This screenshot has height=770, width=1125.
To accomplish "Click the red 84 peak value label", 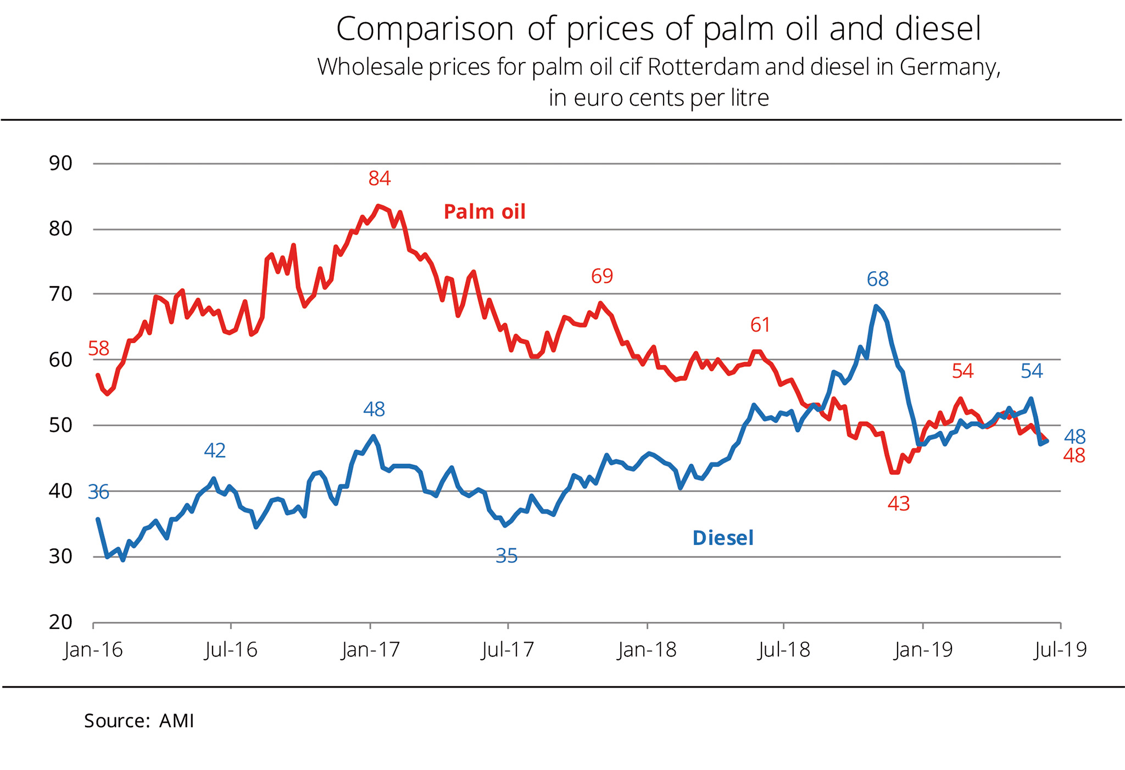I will point(380,178).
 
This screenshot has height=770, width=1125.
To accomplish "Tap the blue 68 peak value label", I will point(877,280).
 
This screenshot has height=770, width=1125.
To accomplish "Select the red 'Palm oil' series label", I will point(484,212).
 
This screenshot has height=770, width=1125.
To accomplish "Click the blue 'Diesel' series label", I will point(723,538).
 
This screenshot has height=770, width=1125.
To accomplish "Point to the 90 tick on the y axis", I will point(60,163).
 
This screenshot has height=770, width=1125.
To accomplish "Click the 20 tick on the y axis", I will point(60,622).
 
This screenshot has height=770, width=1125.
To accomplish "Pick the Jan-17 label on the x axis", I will point(371,650).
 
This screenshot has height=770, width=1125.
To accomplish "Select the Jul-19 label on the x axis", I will point(1060,650).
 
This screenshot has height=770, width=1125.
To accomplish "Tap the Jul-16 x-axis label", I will point(231,650).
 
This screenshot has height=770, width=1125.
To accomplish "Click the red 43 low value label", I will point(899,504).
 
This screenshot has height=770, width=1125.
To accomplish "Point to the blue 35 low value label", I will point(506,556).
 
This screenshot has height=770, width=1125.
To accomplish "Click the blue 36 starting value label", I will point(99,493).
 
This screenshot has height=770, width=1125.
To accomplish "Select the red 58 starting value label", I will point(99,349).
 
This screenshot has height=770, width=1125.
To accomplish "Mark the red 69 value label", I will point(602,276).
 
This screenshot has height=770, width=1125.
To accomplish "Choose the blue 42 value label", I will point(215,451).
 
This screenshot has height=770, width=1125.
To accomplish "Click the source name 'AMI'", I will point(176,721).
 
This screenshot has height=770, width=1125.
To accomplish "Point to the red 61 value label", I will point(760,325).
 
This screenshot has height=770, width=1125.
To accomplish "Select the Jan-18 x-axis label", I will point(647,650).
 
